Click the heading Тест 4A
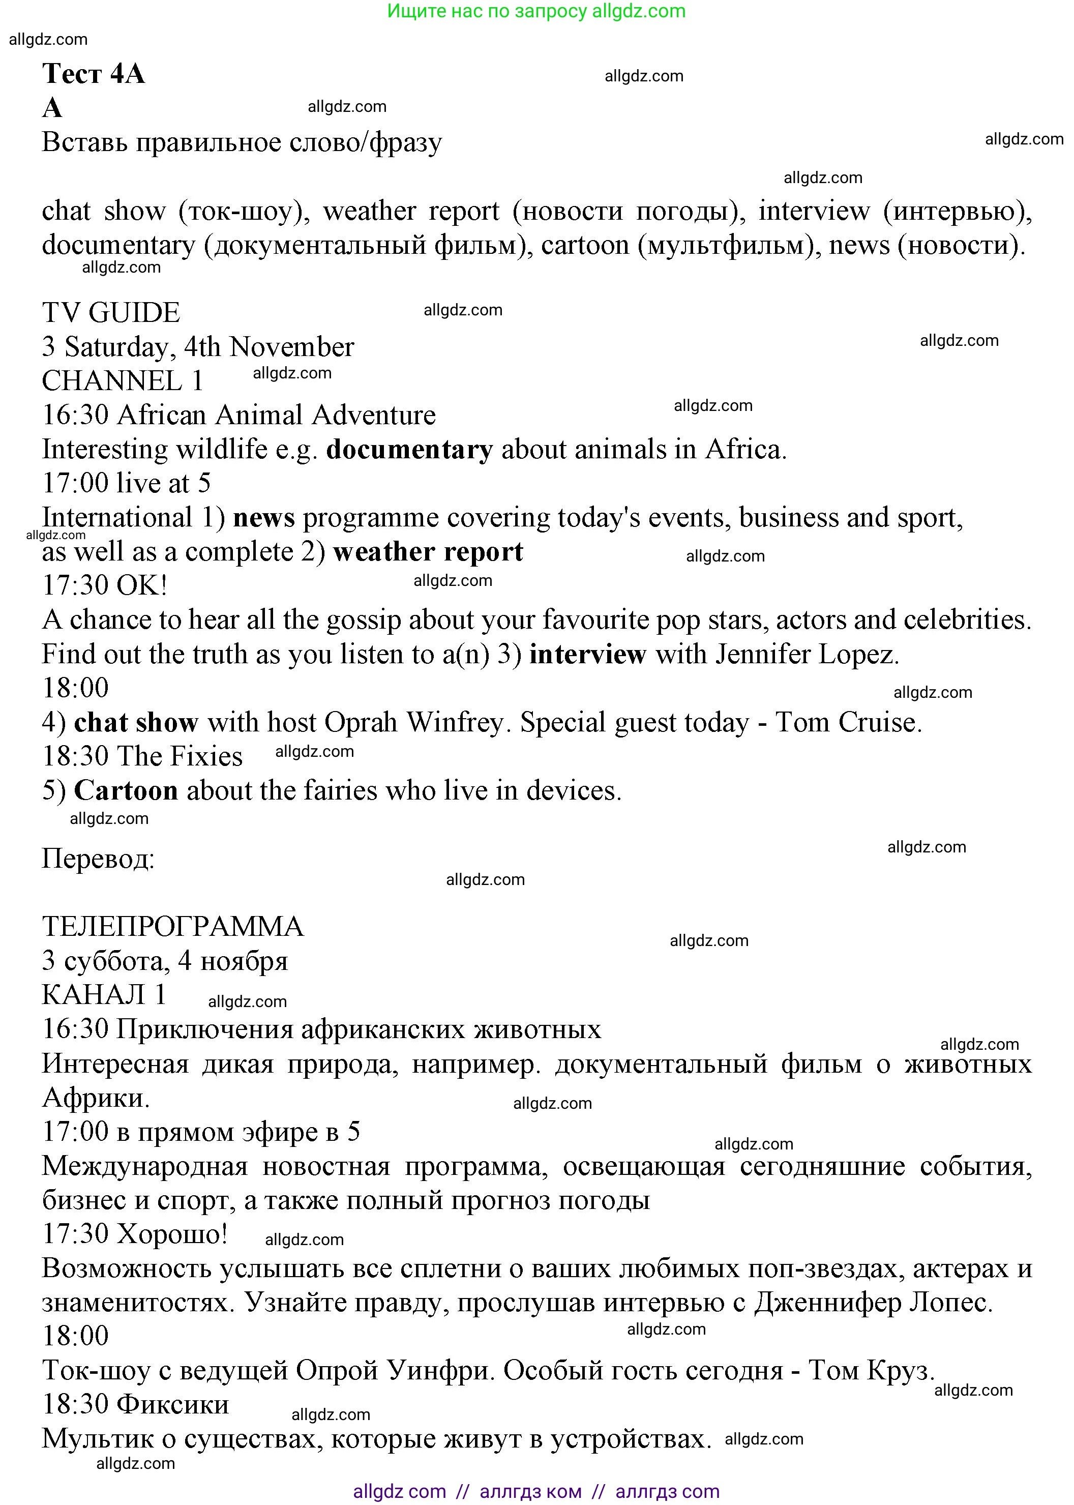click(93, 73)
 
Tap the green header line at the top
click(536, 11)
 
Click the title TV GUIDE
click(111, 312)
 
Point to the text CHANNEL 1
click(123, 381)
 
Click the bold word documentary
click(409, 450)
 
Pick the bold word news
click(264, 518)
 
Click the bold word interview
click(587, 654)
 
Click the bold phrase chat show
click(136, 722)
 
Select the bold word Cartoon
click(126, 790)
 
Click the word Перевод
click(98, 859)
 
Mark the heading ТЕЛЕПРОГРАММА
click(172, 927)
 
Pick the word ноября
click(244, 961)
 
